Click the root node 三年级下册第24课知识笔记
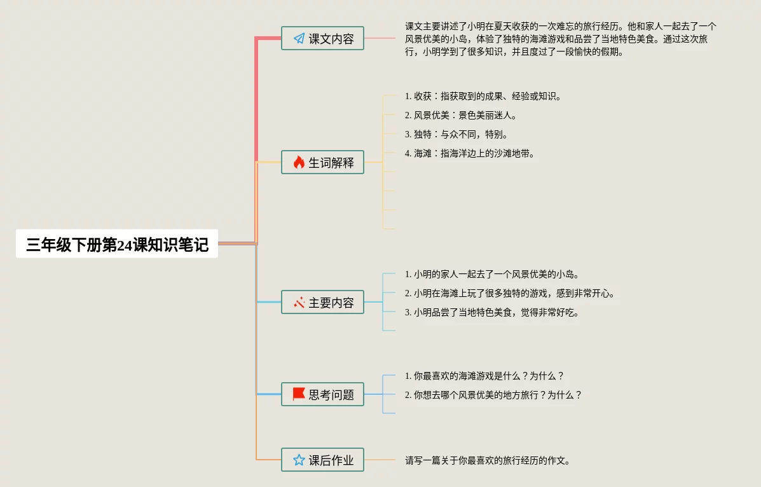[117, 244]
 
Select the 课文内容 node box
[323, 39]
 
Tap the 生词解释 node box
[323, 162]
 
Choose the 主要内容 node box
[323, 303]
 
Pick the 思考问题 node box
[323, 394]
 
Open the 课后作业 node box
[323, 460]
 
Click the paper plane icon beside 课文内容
[299, 39]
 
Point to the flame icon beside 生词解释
[299, 162]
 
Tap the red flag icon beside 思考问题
[299, 394]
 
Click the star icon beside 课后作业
[299, 460]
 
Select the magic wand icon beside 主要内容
[299, 303]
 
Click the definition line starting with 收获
[483, 97]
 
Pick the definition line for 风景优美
[461, 116]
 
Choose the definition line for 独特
[456, 135]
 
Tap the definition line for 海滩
[470, 153]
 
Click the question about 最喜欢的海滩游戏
[484, 376]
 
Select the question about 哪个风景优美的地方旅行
[493, 395]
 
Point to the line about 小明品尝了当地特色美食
[492, 313]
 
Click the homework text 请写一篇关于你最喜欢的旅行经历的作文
[488, 460]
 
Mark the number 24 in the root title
[125, 245]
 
